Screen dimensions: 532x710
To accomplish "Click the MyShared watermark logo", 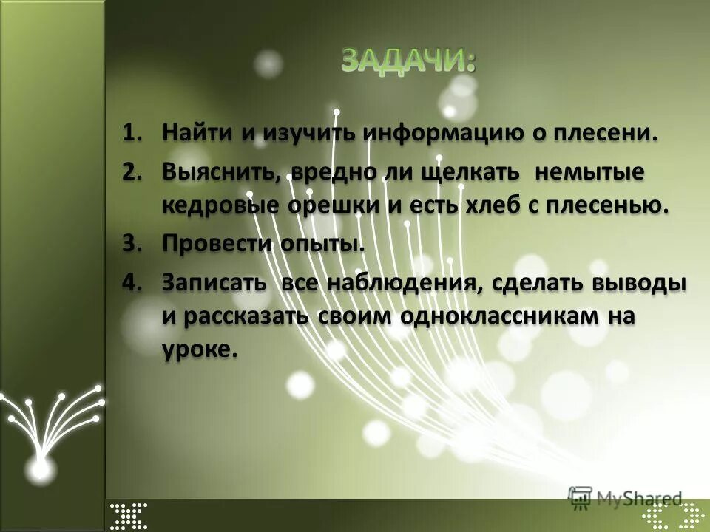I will [x=625, y=497].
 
